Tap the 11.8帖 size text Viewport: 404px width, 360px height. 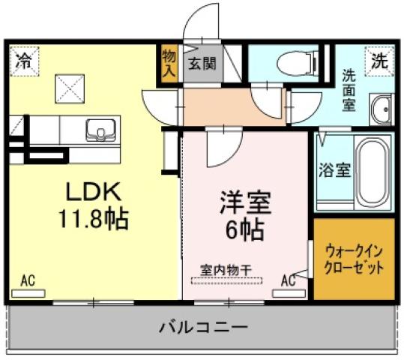(94, 220)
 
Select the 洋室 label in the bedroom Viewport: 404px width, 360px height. (244, 202)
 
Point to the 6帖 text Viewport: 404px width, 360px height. (244, 229)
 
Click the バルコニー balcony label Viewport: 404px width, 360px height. (202, 328)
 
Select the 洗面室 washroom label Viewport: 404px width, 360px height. (349, 90)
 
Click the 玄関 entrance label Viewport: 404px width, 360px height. (202, 63)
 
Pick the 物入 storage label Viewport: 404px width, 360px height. (169, 63)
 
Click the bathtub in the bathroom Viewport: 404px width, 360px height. (371, 172)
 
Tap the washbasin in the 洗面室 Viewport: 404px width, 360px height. (381, 111)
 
